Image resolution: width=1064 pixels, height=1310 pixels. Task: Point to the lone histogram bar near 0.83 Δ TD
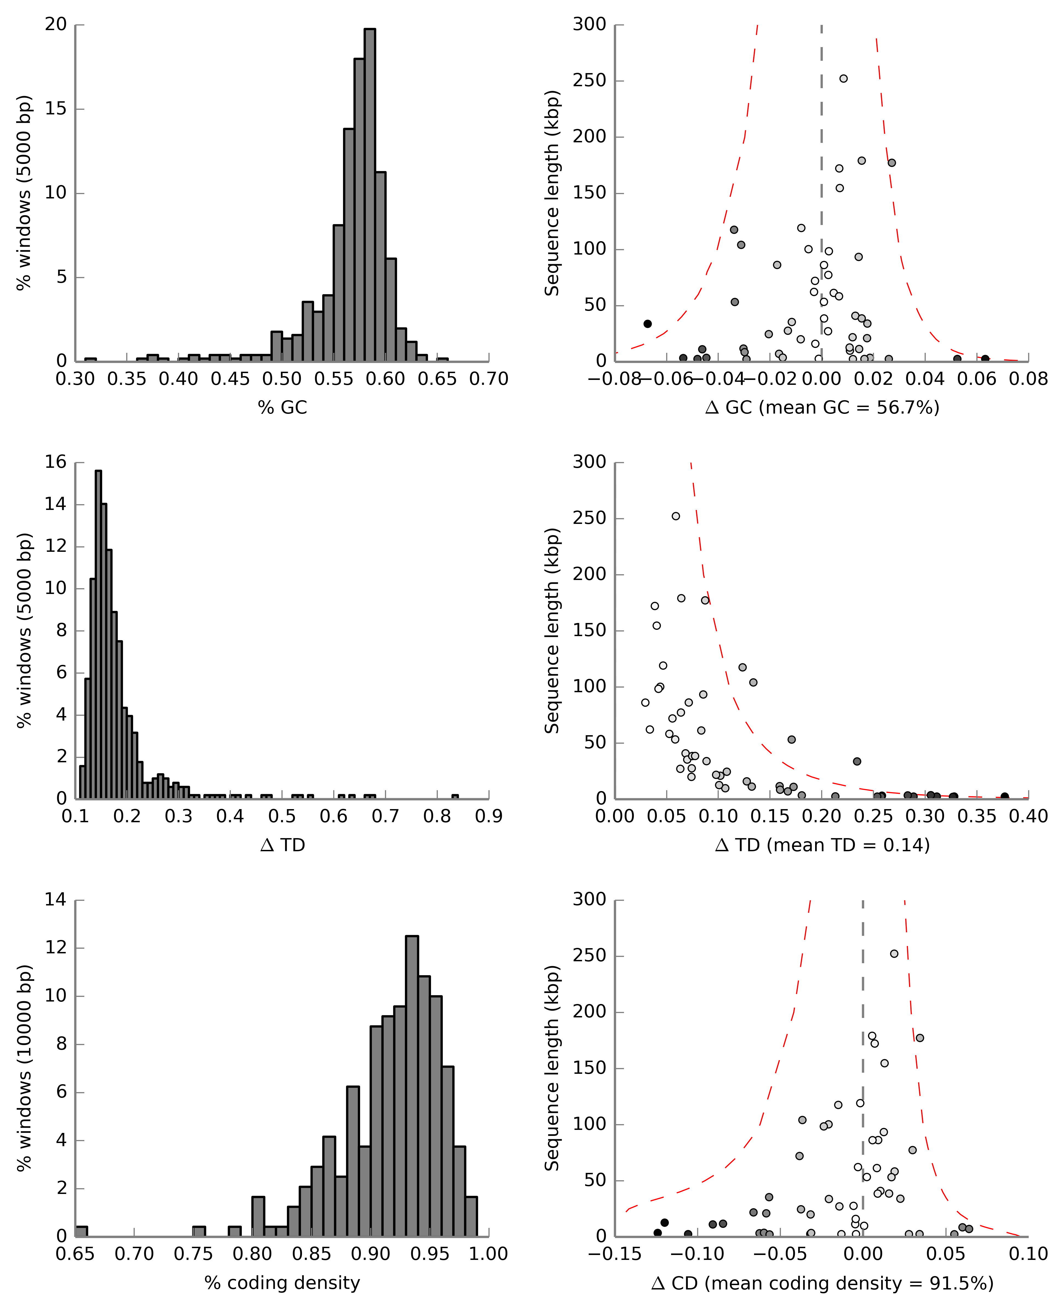pos(455,797)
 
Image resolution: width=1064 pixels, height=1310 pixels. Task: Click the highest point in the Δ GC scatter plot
pos(843,79)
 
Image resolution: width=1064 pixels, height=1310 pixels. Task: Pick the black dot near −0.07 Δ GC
pos(647,324)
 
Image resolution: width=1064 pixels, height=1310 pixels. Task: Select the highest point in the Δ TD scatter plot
pos(675,516)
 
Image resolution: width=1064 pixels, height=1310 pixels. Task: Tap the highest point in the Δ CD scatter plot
pos(894,953)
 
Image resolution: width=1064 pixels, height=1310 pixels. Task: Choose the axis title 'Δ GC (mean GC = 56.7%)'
pos(822,408)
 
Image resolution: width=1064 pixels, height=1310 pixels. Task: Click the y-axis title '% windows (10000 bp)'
pos(23,1067)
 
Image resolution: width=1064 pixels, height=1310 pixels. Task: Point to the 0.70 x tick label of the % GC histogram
pos(488,379)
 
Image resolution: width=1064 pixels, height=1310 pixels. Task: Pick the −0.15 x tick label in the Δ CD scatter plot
pos(615,1254)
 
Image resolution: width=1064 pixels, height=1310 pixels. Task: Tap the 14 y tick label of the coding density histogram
pos(55,899)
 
